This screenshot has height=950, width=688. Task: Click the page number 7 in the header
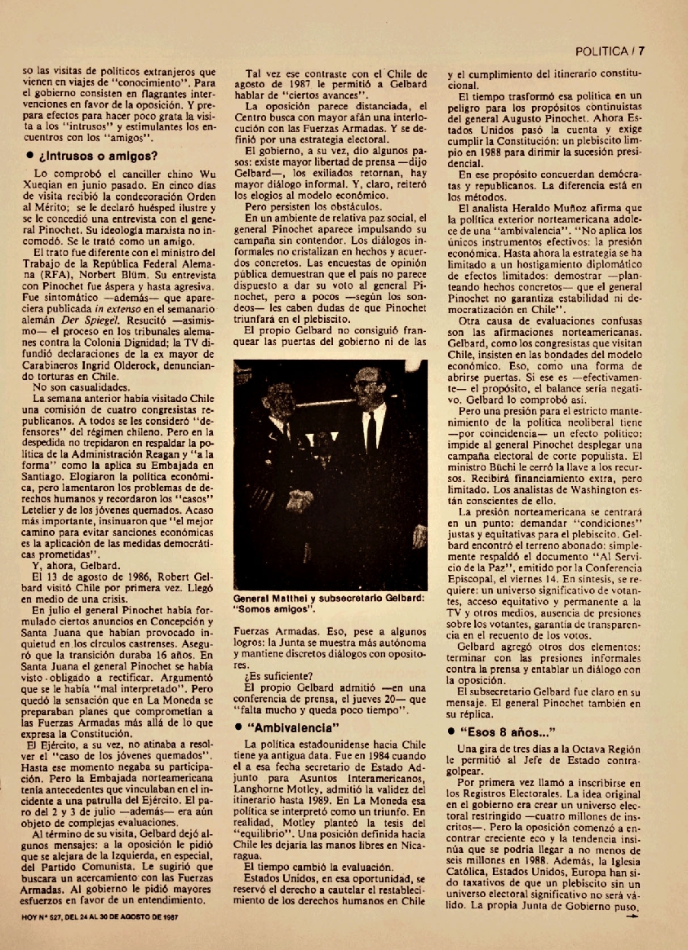[x=642, y=51]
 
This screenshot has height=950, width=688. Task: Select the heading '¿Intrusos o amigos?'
[x=94, y=156]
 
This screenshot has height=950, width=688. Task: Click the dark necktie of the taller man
[x=371, y=430]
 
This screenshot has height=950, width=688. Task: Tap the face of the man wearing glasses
[x=369, y=383]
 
